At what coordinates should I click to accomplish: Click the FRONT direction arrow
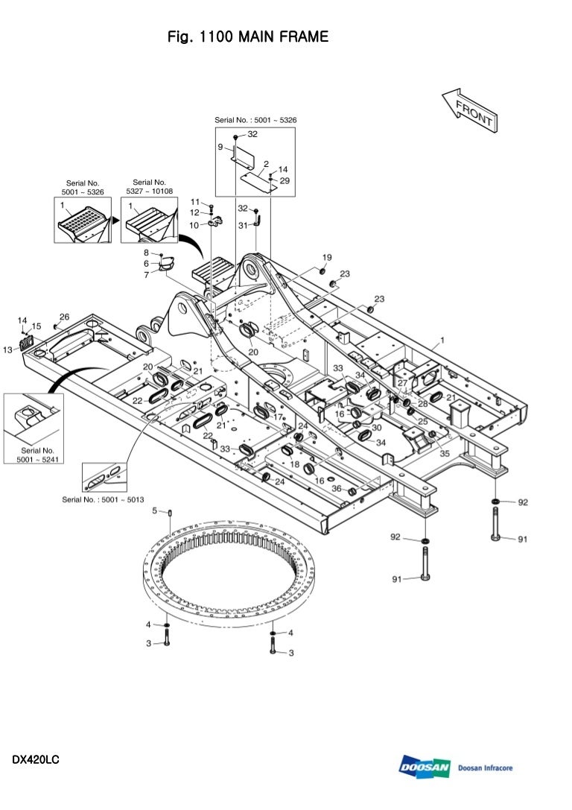coord(470,110)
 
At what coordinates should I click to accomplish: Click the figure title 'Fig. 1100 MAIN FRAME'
coord(248,37)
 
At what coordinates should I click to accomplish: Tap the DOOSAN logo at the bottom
coord(425,767)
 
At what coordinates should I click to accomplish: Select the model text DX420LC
coord(36,760)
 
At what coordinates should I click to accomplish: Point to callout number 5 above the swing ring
coord(154,511)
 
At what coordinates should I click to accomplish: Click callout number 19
coord(327,257)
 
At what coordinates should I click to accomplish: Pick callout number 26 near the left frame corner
coord(65,317)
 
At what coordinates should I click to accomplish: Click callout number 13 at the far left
coord(7,349)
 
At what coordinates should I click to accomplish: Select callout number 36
coord(336,488)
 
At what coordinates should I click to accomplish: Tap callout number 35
coord(445,454)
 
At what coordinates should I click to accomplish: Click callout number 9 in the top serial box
coord(220,147)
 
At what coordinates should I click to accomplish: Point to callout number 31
coord(243,225)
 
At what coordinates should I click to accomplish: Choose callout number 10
coord(194,225)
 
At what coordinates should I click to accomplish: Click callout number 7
coord(147,274)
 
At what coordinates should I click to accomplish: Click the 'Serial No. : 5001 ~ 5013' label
coord(103,499)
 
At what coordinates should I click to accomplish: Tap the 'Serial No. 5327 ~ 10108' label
coord(150,186)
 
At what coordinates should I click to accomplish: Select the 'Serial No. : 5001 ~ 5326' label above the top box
coord(255,120)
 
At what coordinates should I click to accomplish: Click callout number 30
coord(376,427)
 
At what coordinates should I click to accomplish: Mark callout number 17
coord(278,417)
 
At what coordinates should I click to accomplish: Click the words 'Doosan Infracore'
coord(486,768)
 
